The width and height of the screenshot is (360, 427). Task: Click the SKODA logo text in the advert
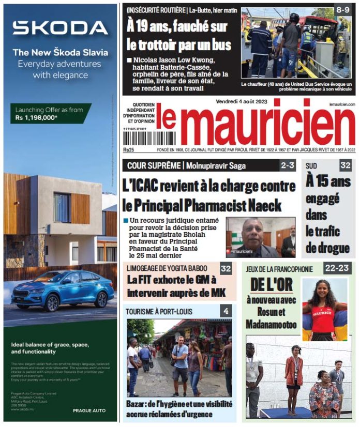coord(60,28)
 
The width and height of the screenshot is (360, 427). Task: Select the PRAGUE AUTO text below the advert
coord(89,410)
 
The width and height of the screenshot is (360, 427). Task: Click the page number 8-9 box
coord(342,10)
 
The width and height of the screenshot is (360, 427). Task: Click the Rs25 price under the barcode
coord(128,150)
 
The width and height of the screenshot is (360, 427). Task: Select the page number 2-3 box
coord(288,165)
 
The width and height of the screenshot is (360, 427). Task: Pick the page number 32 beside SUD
coord(345,165)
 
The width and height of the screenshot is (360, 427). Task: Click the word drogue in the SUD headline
coord(327,248)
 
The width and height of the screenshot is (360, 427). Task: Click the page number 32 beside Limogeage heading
coord(226,269)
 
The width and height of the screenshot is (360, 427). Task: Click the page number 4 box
coord(226,311)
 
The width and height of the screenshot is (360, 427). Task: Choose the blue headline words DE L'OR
coord(272,284)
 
